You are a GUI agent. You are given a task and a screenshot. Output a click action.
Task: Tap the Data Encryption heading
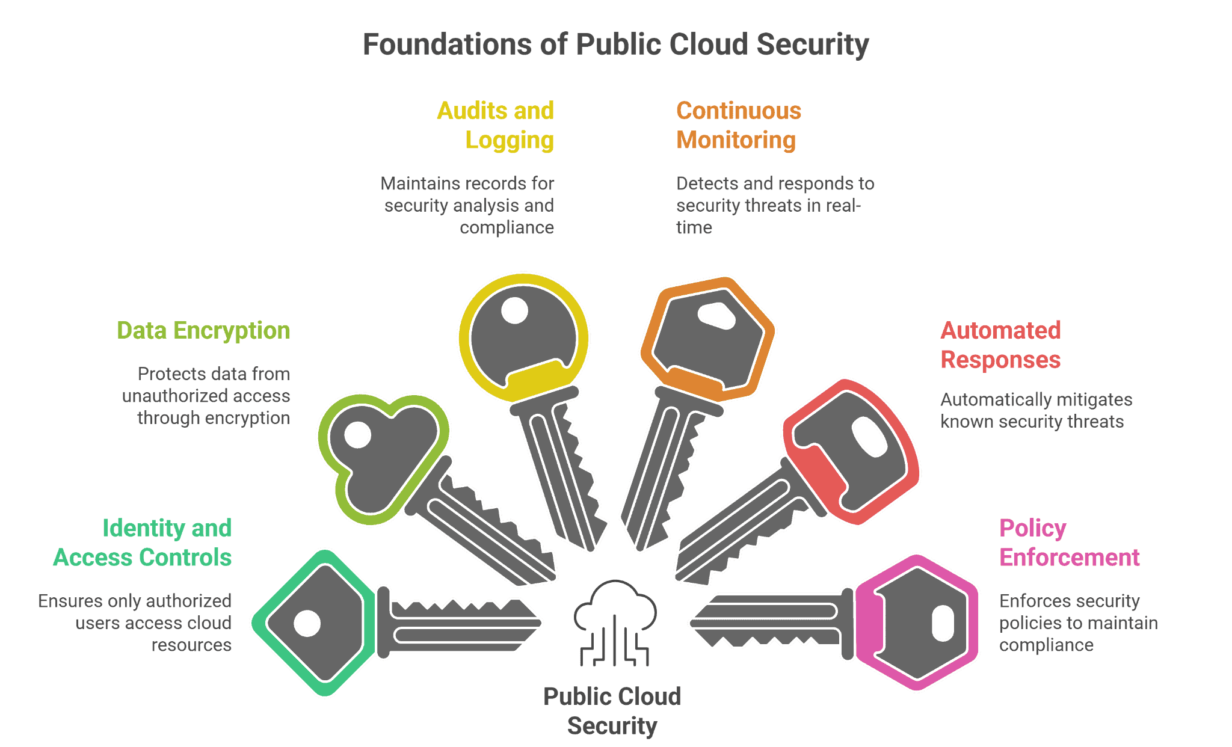[203, 330]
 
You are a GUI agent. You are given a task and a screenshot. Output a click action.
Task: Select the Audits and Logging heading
[495, 125]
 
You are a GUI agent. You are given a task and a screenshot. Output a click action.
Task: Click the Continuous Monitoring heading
[738, 125]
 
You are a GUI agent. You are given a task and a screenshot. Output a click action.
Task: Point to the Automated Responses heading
[1000, 345]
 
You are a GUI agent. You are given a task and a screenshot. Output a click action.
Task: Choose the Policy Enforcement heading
[1069, 543]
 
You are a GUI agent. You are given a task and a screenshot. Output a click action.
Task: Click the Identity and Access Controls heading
[143, 543]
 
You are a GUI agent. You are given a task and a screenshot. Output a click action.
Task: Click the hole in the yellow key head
[514, 311]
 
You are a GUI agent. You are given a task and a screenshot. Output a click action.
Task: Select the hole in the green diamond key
[307, 624]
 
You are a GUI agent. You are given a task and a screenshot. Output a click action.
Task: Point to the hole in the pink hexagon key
[943, 623]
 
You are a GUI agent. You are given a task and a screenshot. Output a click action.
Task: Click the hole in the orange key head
[716, 315]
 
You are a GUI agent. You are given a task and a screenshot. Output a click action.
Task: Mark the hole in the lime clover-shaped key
[358, 435]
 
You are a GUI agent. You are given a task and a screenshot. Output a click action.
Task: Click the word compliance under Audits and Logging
[507, 227]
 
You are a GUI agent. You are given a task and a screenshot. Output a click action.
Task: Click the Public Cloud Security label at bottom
[612, 711]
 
